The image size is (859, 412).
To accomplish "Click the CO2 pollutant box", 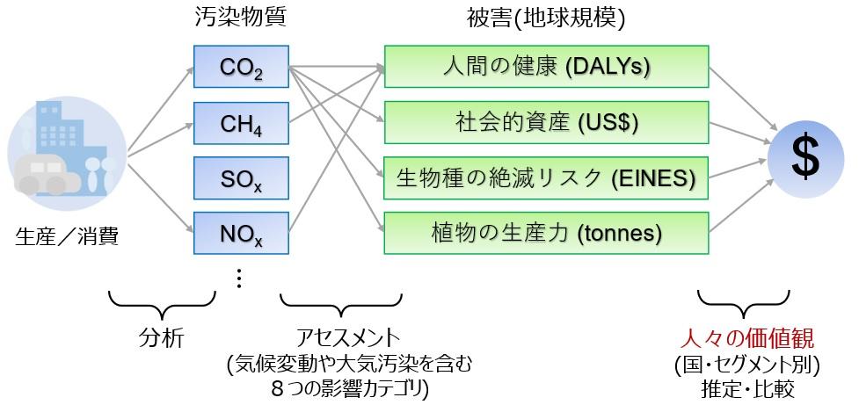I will point(240,67).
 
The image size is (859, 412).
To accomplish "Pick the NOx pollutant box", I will point(240,233).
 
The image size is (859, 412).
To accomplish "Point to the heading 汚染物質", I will point(239,18).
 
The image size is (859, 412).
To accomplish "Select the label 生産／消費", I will point(65,235).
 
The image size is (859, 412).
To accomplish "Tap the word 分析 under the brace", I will point(162,338).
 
